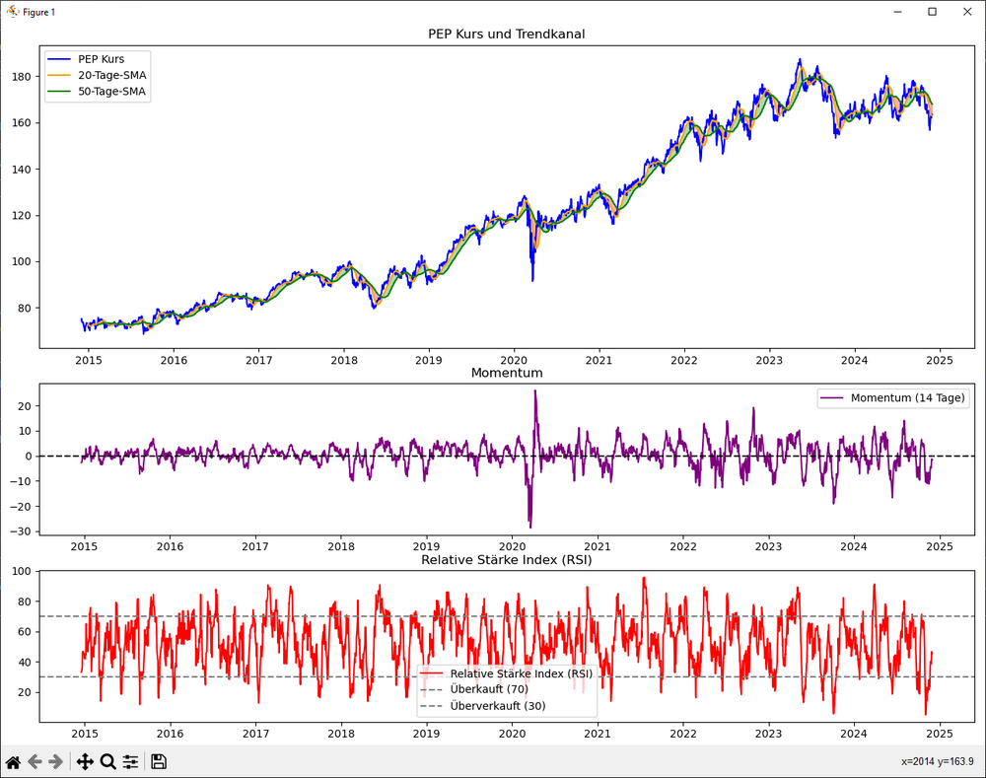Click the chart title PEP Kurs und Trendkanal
click(506, 35)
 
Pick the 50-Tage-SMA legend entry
click(113, 92)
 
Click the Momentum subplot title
click(506, 373)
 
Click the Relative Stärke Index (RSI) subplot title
click(506, 560)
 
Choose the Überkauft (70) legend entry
click(488, 689)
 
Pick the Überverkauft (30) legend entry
click(497, 706)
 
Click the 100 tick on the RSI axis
click(22, 572)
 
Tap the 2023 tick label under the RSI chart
click(769, 734)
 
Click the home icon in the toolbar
click(14, 761)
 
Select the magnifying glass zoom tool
click(107, 761)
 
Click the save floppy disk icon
click(158, 761)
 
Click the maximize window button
click(932, 12)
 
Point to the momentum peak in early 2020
click(535, 391)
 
